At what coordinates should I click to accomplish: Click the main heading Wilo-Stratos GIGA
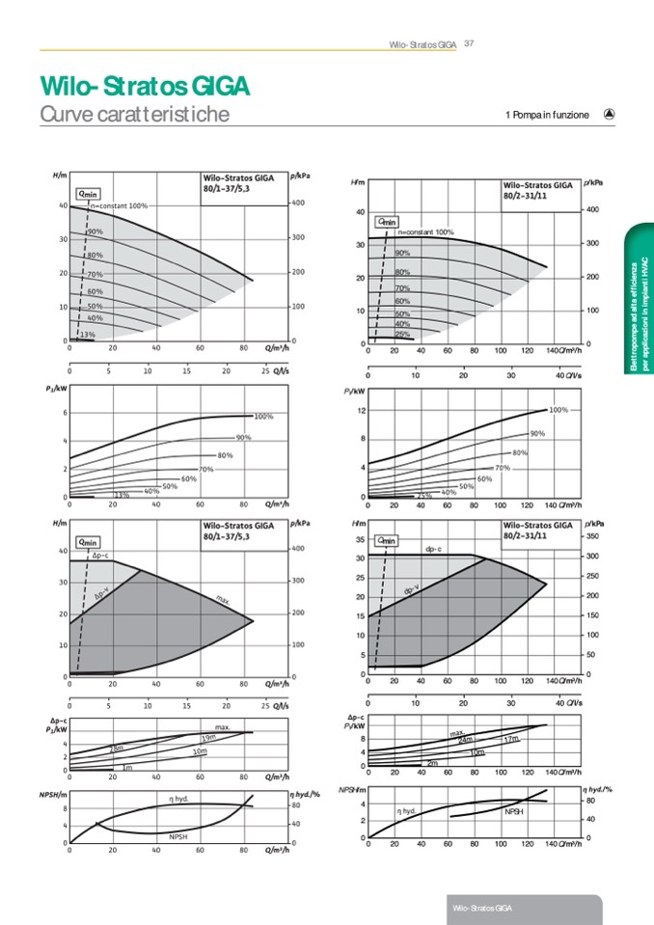146,87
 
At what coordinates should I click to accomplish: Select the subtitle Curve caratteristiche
135,115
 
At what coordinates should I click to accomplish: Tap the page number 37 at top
470,42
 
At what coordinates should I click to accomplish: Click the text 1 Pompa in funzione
547,116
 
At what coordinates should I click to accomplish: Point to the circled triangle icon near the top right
609,114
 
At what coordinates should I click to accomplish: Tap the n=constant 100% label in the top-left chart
119,206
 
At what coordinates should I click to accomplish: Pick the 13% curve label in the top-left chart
87,334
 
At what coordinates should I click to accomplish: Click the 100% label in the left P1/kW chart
263,417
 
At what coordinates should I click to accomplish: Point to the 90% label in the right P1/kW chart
538,433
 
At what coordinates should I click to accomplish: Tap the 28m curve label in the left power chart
116,748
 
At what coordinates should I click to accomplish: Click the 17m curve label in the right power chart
511,739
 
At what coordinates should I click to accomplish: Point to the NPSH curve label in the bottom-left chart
177,835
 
